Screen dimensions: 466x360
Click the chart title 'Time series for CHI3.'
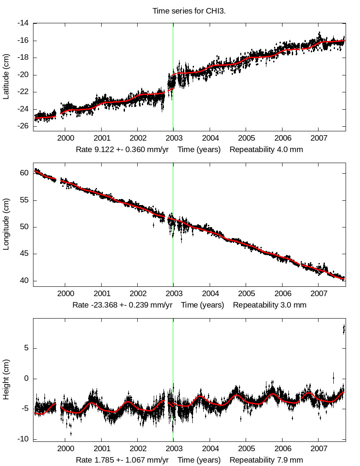point(189,11)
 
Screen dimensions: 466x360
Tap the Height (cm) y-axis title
point(6,379)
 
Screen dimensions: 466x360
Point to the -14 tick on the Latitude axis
point(23,23)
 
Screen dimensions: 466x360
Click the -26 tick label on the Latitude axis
point(23,126)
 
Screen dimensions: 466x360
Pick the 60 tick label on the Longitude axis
point(25,173)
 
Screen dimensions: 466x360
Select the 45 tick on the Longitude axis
point(25,254)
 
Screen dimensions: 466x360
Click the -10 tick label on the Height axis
point(23,439)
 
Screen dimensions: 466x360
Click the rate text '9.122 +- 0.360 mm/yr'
point(124,150)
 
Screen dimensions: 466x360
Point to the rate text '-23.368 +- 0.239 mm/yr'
point(122,305)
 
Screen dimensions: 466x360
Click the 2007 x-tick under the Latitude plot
point(318,138)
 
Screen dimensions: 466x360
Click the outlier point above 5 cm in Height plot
point(343,329)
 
